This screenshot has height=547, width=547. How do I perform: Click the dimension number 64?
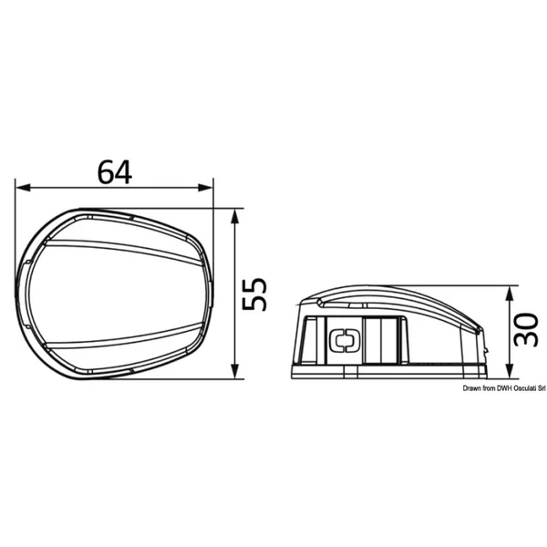115,172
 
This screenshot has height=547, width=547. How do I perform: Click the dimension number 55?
254,294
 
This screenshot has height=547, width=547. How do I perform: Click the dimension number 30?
526,329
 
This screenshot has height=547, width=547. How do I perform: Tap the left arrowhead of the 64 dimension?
24,188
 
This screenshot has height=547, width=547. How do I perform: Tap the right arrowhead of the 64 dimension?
205,188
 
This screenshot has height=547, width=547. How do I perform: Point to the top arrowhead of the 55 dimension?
235,216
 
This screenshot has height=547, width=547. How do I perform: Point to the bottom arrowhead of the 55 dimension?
235,371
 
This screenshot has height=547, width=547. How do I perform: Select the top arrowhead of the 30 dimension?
510,294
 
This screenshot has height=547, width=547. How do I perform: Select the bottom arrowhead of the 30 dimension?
510,371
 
